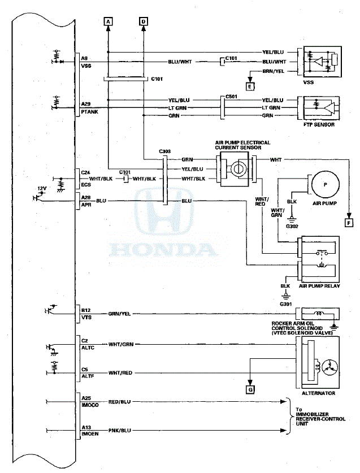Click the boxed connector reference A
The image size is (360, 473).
[x=108, y=21]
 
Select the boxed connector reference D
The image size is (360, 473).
[x=143, y=21]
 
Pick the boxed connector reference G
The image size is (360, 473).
[x=250, y=389]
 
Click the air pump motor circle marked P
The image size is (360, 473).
[x=326, y=185]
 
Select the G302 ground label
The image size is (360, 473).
[x=292, y=226]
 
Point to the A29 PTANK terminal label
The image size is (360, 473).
[x=88, y=108]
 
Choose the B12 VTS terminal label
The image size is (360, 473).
[x=86, y=314]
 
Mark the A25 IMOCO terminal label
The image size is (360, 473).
[x=90, y=402]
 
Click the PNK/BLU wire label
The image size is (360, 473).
[x=119, y=431]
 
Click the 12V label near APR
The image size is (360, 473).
[x=42, y=188]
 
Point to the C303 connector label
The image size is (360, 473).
[x=165, y=151]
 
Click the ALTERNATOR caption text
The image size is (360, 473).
[x=319, y=393]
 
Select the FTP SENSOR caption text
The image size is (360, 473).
[x=319, y=124]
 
